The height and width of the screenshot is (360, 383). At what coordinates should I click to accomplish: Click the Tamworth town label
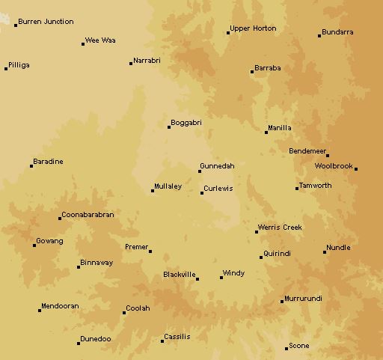point(315,186)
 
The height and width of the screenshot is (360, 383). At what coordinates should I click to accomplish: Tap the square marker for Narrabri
point(131,64)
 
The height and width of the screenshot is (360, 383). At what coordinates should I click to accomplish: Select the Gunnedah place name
point(217,165)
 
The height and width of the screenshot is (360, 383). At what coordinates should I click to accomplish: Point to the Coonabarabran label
point(88,214)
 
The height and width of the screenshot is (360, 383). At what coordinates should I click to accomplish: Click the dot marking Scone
point(287,348)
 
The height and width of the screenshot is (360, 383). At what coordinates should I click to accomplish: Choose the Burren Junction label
point(46,22)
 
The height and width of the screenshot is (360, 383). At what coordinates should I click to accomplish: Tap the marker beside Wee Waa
point(83,43)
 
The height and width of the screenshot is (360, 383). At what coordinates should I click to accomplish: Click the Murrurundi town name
point(303,298)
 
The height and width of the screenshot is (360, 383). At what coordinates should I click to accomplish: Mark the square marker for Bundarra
point(319,35)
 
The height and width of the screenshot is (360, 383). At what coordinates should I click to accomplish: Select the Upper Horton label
point(254,28)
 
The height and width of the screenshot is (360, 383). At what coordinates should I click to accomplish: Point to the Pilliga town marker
point(6,68)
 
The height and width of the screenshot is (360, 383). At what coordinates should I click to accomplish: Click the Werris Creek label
point(280,227)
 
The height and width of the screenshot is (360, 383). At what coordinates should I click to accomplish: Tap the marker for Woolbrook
point(356,169)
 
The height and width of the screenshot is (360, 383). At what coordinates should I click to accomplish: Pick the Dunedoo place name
point(96,339)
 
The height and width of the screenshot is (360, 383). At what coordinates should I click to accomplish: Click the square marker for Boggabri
point(169,126)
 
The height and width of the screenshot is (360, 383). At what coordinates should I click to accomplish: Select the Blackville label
point(179,274)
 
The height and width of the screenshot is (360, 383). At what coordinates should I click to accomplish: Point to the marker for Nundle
point(325,251)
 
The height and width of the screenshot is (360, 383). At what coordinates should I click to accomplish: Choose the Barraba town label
point(268,67)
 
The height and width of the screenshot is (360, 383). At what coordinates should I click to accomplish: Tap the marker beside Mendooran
point(40,310)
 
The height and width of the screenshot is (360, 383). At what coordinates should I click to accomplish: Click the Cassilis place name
point(177,337)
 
